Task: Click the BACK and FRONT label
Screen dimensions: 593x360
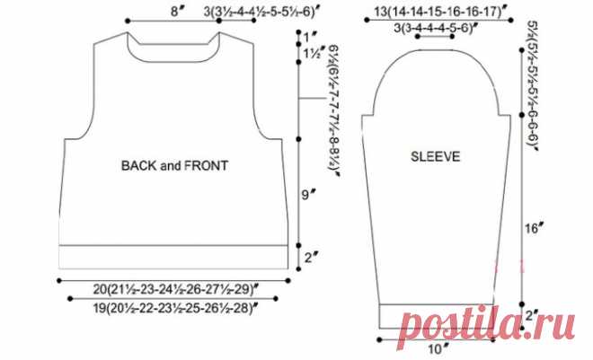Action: pyautogui.click(x=174, y=166)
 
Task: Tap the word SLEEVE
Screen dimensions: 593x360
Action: pyautogui.click(x=435, y=156)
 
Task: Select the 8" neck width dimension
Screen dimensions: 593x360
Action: pyautogui.click(x=179, y=12)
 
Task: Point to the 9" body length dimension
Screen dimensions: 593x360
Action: pyautogui.click(x=308, y=195)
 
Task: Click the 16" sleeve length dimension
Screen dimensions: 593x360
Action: pyautogui.click(x=534, y=228)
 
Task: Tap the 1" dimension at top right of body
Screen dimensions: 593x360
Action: pyautogui.click(x=310, y=37)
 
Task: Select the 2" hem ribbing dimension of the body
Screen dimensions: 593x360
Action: pyautogui.click(x=310, y=258)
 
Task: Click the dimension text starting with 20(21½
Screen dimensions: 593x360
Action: pyautogui.click(x=176, y=289)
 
